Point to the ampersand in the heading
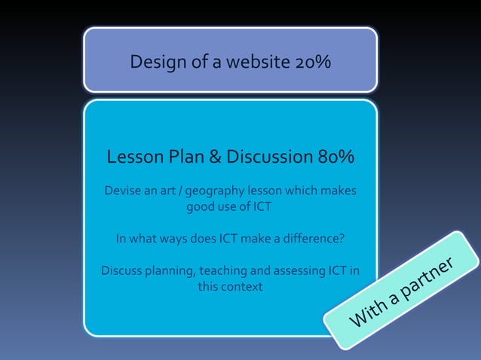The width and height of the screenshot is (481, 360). (214, 157)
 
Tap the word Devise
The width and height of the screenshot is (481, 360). (121, 191)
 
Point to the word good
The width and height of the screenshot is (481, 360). (202, 206)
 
